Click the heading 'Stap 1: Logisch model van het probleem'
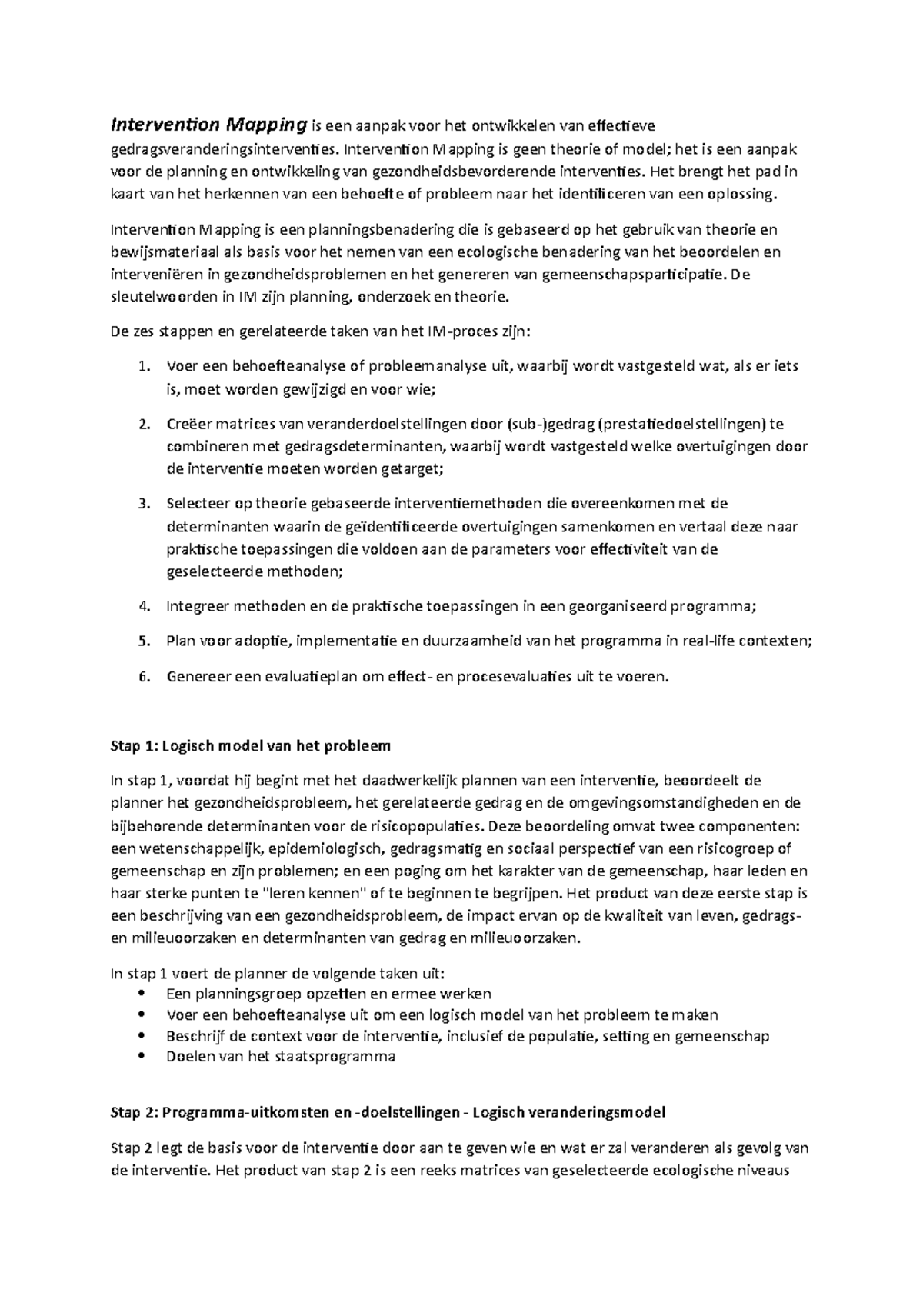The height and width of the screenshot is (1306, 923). coord(251,745)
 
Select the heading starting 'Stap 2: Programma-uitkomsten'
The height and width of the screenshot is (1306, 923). coord(388,1111)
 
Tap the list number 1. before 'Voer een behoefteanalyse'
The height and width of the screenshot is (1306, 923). coord(144,367)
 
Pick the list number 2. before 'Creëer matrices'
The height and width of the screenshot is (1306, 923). coord(144,424)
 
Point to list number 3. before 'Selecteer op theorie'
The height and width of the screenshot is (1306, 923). coord(144,504)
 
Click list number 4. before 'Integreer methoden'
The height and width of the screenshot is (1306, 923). coord(144,606)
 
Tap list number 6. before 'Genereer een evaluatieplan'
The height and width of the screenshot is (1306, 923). coord(144,677)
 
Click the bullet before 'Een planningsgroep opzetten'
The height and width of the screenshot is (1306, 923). coord(139,994)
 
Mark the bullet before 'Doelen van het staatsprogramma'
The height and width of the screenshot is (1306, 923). coord(139,1056)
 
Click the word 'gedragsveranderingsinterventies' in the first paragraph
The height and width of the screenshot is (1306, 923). coord(221,148)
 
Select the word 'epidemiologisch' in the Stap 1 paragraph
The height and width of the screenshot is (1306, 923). coord(326,848)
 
